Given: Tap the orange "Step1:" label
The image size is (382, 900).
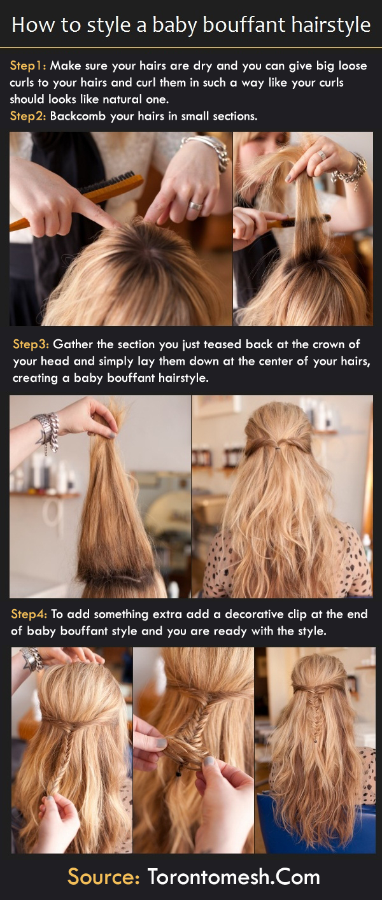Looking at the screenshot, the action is [x=28, y=66].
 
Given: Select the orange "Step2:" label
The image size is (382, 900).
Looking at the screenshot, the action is [x=28, y=116].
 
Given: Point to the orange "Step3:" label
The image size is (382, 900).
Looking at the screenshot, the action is [x=31, y=344].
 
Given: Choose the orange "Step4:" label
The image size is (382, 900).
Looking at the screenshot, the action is [x=29, y=614].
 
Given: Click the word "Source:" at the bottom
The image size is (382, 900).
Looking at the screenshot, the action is [x=103, y=876].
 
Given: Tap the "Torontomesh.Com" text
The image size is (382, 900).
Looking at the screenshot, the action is [x=234, y=876].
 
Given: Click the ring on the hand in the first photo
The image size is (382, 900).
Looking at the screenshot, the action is [x=195, y=206].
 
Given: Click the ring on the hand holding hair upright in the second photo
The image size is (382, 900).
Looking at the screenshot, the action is [x=322, y=155].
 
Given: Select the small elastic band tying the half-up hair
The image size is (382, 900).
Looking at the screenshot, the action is [x=278, y=447].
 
